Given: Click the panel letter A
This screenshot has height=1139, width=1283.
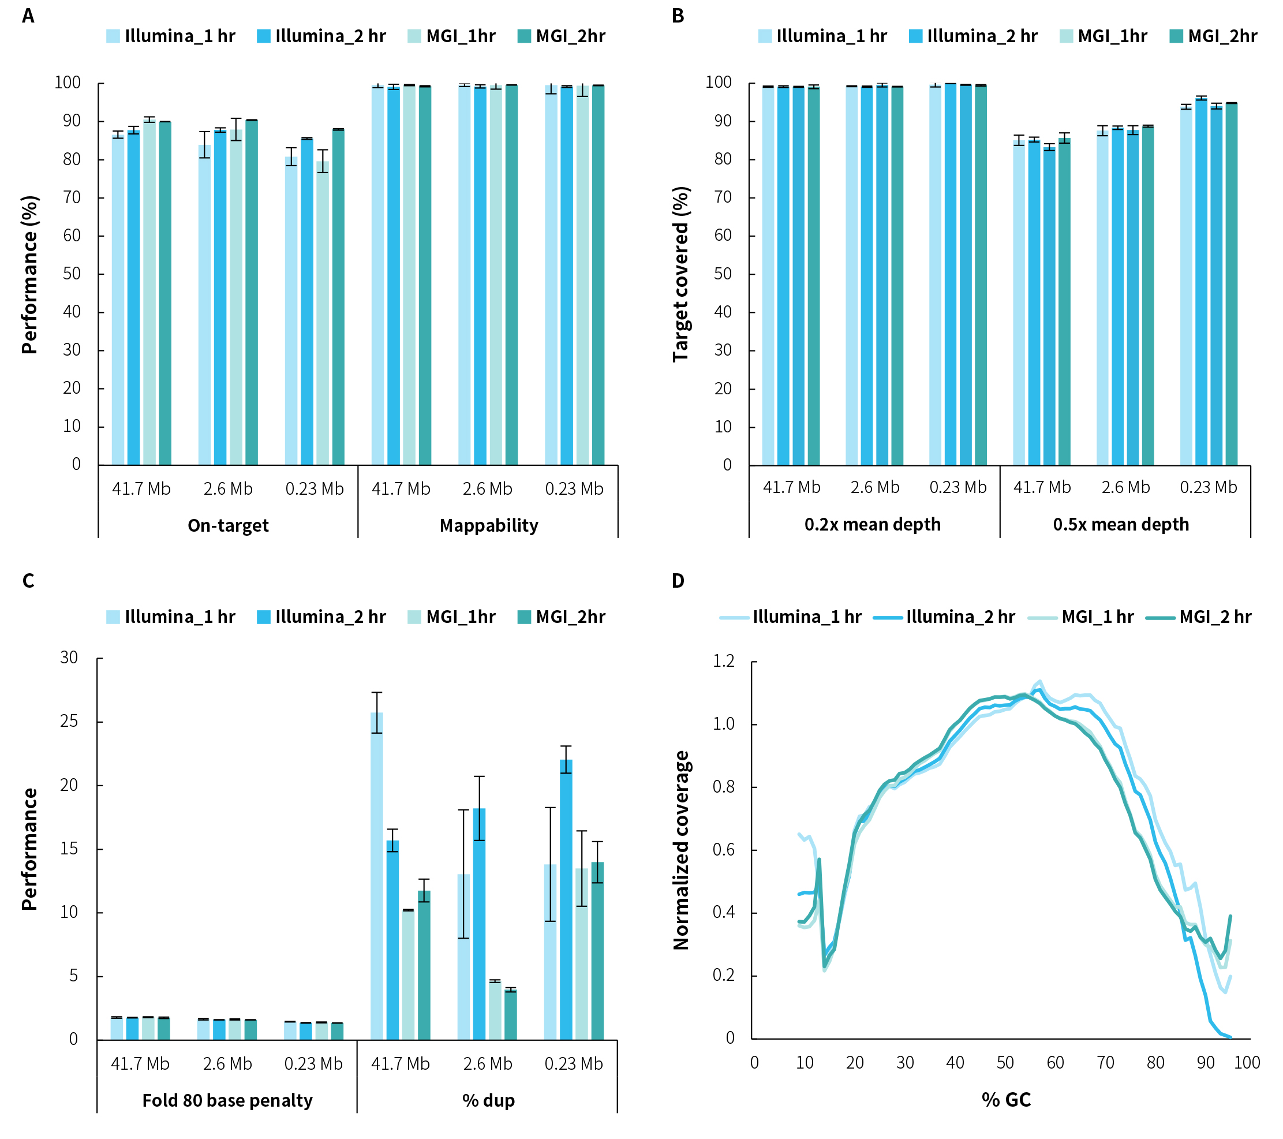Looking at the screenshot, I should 28,16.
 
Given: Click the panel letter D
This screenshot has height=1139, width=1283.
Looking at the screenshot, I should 678,581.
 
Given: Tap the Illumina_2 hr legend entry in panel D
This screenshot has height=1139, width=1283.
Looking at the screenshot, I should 944,617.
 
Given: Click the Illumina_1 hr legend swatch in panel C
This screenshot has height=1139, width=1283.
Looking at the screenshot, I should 113,617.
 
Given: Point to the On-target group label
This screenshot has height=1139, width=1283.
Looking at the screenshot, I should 228,525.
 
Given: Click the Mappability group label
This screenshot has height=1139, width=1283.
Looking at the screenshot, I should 488,525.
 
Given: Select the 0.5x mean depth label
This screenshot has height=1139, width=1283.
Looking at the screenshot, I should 1120,524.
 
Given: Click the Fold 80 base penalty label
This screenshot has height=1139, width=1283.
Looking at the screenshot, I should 227,1101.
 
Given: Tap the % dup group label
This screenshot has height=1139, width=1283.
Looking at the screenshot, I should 488,1101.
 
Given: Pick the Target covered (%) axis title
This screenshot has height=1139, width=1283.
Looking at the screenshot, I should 682,274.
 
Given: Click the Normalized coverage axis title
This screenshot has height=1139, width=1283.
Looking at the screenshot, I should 682,850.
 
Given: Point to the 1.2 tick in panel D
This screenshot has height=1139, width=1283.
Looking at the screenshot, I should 723,661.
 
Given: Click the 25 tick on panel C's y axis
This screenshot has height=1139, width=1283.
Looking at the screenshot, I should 69,722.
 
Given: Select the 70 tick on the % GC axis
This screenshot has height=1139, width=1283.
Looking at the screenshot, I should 1105,1063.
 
